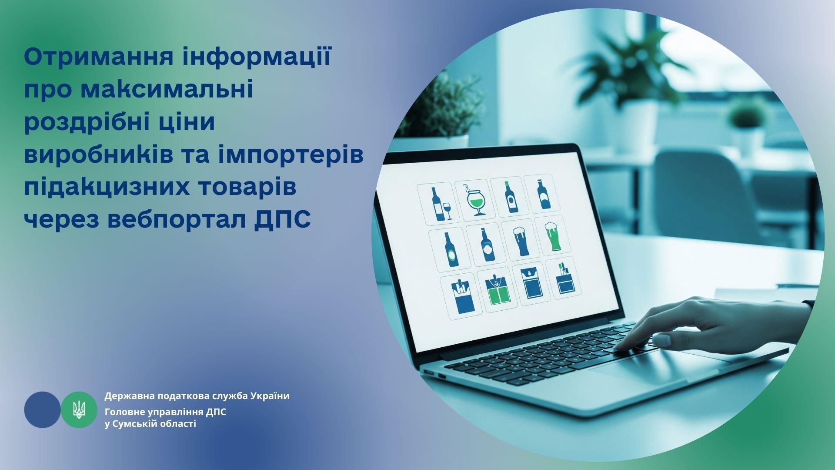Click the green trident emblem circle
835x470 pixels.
pos(79,410)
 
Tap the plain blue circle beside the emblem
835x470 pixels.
pos(42,410)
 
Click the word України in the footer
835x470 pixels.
pos(270,396)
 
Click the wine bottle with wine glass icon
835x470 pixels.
pos(438,203)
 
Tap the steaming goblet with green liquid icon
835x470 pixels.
pos(475,199)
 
